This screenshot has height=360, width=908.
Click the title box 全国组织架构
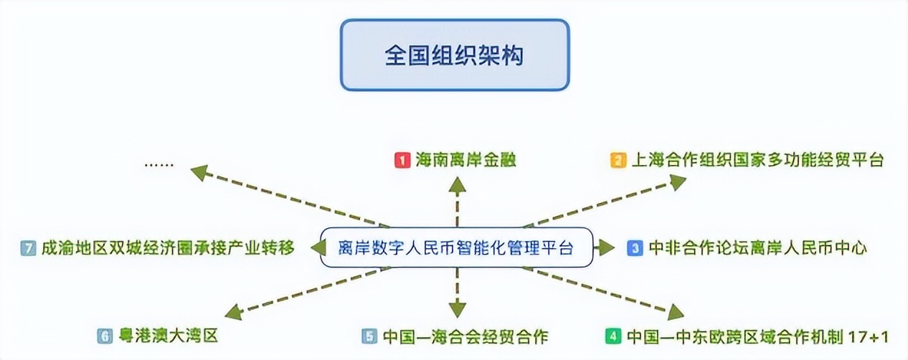454,55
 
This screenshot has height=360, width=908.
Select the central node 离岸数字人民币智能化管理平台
456,248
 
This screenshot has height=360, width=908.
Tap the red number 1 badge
402,160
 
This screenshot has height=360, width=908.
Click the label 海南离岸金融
466,160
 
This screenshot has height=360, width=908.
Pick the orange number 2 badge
617,160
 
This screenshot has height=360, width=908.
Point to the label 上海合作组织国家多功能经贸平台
757,160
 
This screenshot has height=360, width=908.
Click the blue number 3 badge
634,248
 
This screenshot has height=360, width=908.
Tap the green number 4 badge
613,336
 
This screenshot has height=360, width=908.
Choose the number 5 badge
369,336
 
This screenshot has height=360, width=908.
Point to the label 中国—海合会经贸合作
465,336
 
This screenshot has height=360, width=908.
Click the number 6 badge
105,336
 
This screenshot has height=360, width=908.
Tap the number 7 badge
29,248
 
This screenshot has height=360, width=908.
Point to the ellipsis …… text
159,163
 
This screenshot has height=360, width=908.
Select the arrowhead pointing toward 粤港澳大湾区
233,313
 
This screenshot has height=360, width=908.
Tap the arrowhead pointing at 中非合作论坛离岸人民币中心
607,248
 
